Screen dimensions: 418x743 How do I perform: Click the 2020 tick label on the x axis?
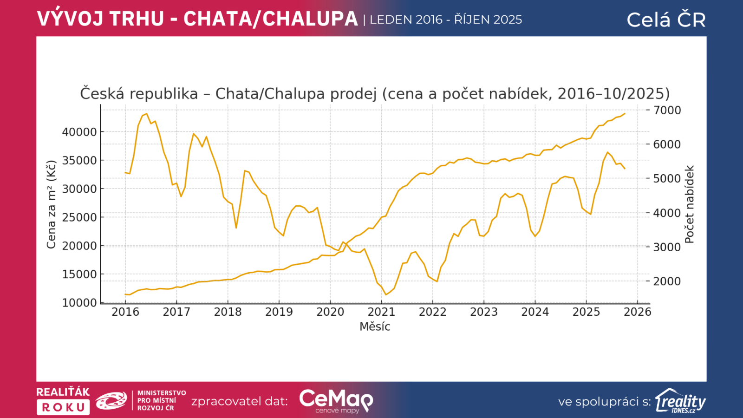click(x=330, y=312)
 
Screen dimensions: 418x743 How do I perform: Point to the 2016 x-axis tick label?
click(x=125, y=312)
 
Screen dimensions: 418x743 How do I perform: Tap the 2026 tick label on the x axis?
click(x=637, y=312)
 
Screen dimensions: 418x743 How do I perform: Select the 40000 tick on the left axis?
click(x=79, y=132)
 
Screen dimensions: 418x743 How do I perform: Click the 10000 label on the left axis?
click(x=79, y=303)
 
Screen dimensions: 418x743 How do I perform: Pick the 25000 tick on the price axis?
click(x=79, y=217)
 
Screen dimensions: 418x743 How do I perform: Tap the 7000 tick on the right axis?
click(x=667, y=111)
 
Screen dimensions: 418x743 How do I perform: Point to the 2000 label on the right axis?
click(x=667, y=281)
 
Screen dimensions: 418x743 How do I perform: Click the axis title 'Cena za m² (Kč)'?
click(x=51, y=204)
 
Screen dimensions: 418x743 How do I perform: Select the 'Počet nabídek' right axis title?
click(x=690, y=204)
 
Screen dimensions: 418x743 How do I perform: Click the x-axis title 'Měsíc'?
click(x=375, y=327)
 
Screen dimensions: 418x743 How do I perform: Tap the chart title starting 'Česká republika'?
click(x=375, y=94)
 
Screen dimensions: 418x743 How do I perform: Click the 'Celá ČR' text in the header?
click(x=666, y=20)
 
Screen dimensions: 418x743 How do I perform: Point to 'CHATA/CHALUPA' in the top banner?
click(x=270, y=19)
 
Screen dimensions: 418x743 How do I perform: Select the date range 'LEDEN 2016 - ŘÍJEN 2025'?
click(x=446, y=20)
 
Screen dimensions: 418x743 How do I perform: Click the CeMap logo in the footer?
click(x=336, y=400)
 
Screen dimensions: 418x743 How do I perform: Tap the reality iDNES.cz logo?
click(x=680, y=401)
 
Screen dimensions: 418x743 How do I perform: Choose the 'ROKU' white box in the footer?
click(x=63, y=407)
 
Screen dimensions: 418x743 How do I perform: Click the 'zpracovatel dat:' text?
click(x=240, y=401)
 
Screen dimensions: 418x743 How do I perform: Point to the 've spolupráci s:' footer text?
click(x=604, y=402)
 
